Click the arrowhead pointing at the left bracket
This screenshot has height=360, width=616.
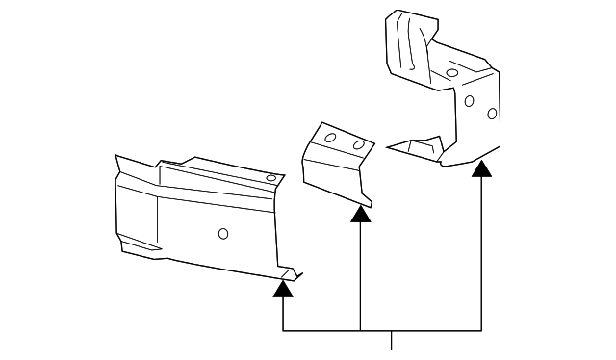tap(284, 287)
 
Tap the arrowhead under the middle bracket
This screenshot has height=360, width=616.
tap(360, 214)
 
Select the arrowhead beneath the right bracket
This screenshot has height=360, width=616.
tap(481, 169)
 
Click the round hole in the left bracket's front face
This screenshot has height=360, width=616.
tap(223, 232)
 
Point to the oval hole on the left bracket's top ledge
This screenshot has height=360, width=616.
tap(270, 178)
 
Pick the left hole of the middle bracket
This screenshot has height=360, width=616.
tap(330, 138)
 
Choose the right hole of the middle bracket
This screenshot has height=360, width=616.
tap(358, 145)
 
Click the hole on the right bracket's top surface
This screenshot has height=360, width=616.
tap(451, 72)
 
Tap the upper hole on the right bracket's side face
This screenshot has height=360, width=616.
tap(469, 100)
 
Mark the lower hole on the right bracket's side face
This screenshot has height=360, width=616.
tap(492, 114)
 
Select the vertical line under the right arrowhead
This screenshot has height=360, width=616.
tap(481, 255)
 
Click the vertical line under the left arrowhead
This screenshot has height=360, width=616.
tap(284, 314)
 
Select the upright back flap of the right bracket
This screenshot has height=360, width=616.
tap(404, 43)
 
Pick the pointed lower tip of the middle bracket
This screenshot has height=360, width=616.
tap(368, 204)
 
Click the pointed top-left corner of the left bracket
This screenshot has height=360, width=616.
tap(115, 157)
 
